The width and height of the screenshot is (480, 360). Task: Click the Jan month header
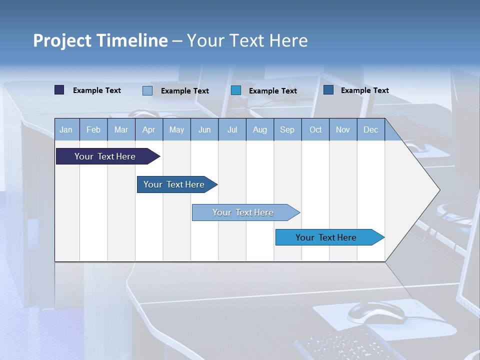click(x=66, y=130)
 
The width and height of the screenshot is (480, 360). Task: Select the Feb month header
click(x=93, y=130)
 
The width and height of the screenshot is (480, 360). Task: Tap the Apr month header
click(x=148, y=130)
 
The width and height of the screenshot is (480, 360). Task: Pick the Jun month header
click(x=204, y=130)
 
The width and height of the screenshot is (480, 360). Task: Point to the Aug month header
click(x=259, y=130)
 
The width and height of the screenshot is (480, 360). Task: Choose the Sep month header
click(x=287, y=130)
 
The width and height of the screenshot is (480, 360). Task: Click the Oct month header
click(x=315, y=130)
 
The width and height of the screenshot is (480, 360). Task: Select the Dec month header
click(x=370, y=130)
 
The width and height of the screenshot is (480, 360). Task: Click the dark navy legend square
click(x=59, y=90)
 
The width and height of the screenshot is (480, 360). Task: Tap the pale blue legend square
click(x=147, y=90)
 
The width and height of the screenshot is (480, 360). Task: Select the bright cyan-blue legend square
click(x=236, y=90)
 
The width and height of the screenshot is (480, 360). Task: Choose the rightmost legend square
click(x=328, y=90)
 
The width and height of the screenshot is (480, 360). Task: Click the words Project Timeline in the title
click(x=100, y=40)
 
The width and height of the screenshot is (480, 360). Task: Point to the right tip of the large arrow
click(x=438, y=190)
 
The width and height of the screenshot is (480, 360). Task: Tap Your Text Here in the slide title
click(x=247, y=40)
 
